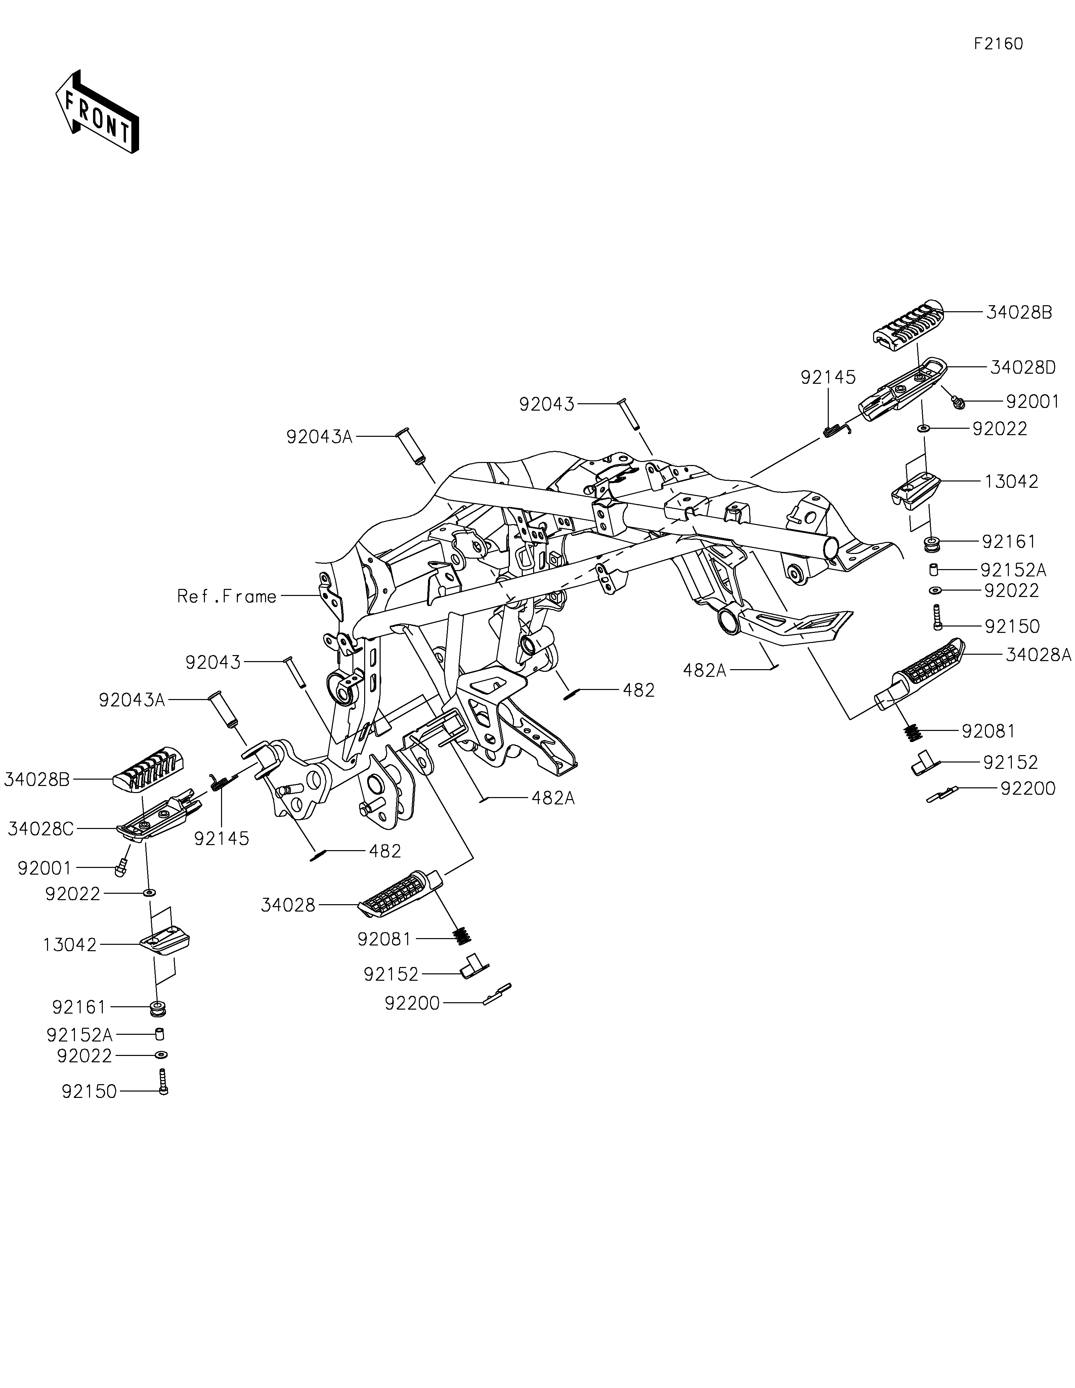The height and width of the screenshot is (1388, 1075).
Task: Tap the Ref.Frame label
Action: pos(227,596)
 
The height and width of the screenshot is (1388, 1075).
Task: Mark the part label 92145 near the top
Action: pos(828,377)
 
